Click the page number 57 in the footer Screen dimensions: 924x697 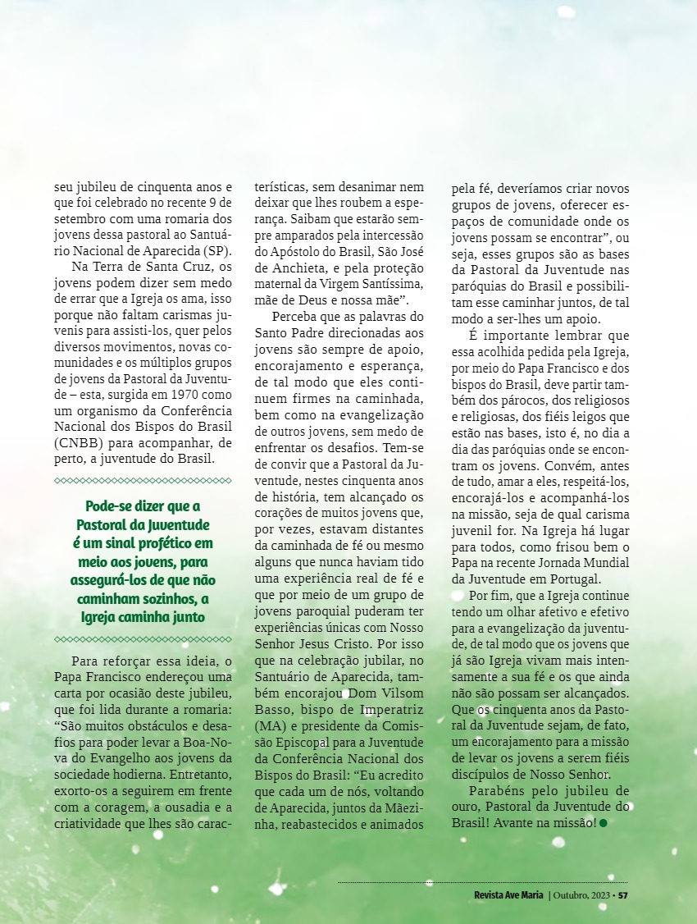622,894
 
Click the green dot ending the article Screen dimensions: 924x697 604,823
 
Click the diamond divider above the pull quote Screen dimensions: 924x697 143,481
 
